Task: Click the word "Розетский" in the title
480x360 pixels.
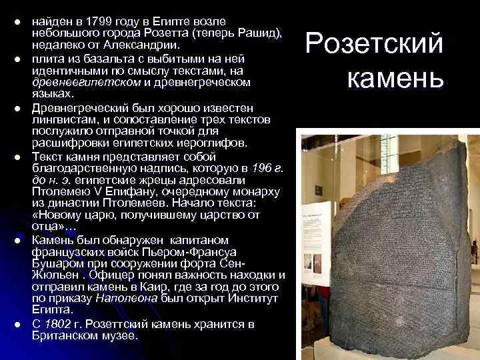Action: (x=374, y=45)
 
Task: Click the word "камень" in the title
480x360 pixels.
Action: (x=395, y=78)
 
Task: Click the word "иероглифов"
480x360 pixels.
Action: (x=199, y=143)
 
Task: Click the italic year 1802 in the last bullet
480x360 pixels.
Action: (x=57, y=325)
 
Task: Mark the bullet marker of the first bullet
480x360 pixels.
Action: (x=18, y=25)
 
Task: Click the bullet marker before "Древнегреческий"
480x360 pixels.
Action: (x=18, y=108)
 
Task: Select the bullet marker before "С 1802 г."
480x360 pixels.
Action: (x=18, y=325)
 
